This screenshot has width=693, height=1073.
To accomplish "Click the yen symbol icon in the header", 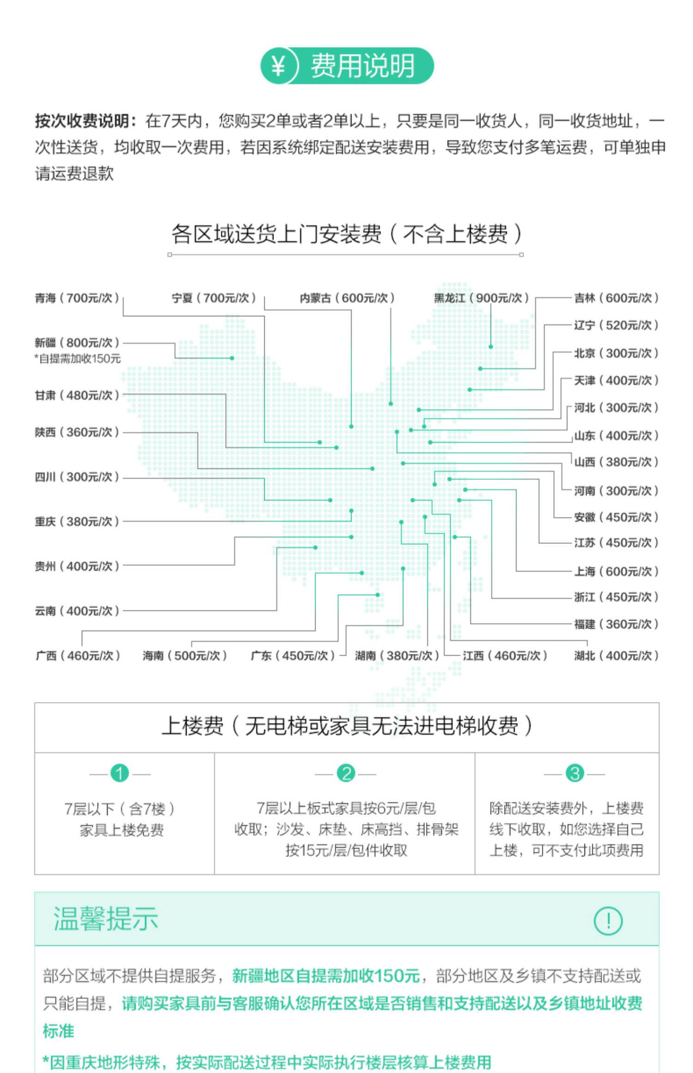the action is click(x=277, y=66).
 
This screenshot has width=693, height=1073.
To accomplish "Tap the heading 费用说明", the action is click(x=362, y=66).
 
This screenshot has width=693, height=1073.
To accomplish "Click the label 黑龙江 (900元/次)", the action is click(x=481, y=298).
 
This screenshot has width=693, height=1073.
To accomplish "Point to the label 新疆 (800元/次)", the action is click(x=77, y=342).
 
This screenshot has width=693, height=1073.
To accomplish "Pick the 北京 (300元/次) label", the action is click(x=616, y=353).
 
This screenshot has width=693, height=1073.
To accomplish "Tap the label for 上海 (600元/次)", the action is click(x=616, y=572).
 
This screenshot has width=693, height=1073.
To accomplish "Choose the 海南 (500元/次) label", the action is click(x=185, y=655).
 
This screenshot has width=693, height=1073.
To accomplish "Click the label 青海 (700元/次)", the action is click(x=77, y=298).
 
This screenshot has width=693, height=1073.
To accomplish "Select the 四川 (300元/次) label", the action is click(x=77, y=477).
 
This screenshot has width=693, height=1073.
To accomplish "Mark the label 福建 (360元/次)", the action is click(x=616, y=624).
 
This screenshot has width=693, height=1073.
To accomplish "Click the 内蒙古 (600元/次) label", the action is click(x=347, y=298).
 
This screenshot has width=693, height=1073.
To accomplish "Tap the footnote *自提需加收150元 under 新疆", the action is click(x=77, y=359).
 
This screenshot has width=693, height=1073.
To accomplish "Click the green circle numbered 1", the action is click(x=120, y=773).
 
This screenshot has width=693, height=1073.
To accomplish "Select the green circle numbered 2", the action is click(x=346, y=773).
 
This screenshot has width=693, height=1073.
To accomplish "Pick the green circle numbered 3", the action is click(x=575, y=773).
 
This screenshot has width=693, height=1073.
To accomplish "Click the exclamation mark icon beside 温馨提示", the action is click(x=608, y=920).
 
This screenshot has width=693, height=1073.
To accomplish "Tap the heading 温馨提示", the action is click(x=106, y=918).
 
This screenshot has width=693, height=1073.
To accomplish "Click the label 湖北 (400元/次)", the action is click(x=616, y=655).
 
